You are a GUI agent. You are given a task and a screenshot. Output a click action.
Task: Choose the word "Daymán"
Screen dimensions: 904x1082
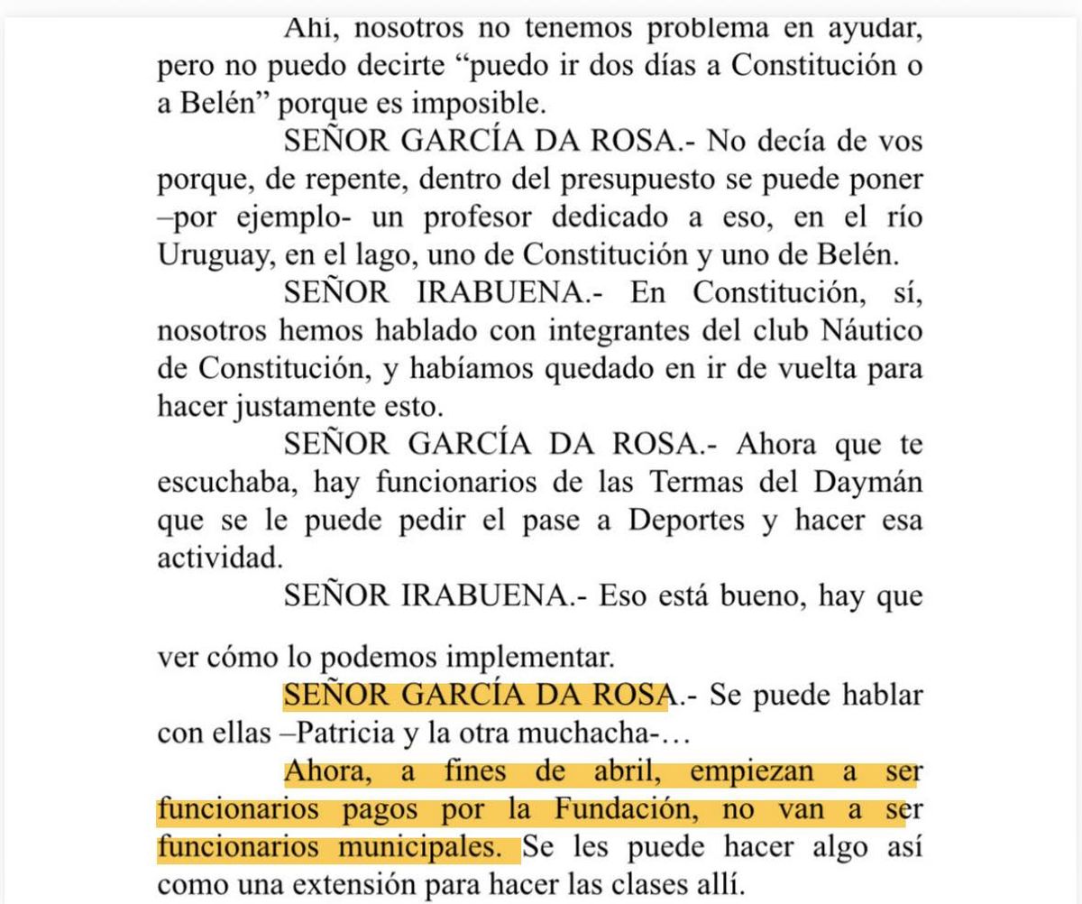873,482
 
